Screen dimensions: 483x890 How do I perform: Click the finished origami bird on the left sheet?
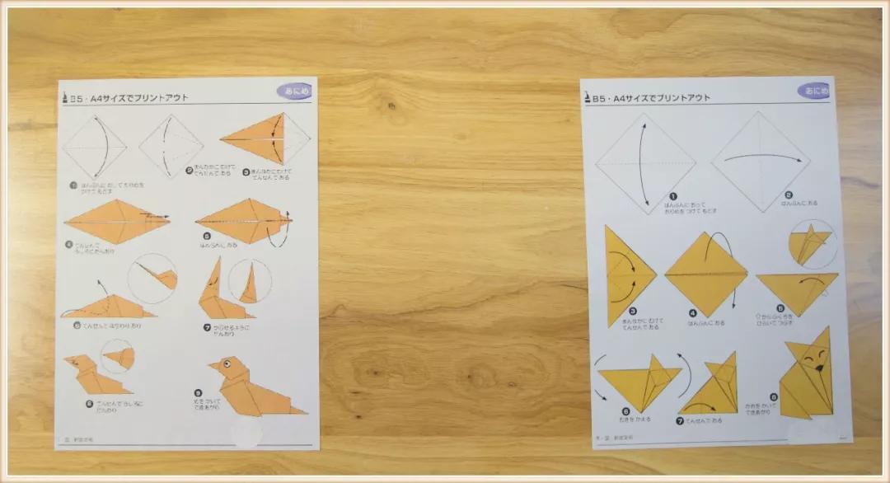[247, 387]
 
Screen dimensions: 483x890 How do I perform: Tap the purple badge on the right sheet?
[813, 91]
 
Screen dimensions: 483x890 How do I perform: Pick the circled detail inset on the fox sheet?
[811, 245]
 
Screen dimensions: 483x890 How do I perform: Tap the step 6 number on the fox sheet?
[626, 410]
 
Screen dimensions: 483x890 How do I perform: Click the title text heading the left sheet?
[132, 97]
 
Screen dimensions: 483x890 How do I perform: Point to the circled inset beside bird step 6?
[152, 278]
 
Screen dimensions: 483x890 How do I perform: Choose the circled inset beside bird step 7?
[250, 281]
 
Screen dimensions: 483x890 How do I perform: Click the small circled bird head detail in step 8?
[118, 356]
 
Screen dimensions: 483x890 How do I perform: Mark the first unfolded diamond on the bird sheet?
[96, 147]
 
